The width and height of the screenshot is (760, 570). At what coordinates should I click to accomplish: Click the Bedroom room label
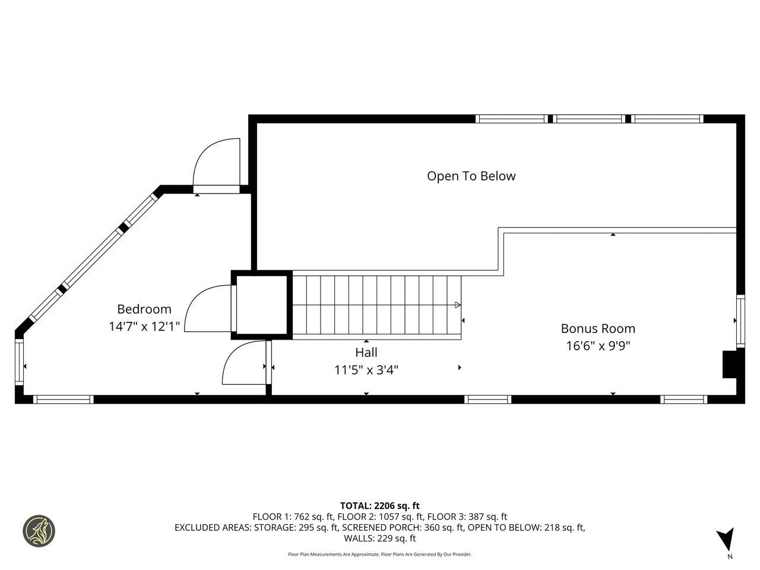tap(144, 309)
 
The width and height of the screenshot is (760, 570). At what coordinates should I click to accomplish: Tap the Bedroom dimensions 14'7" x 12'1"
tap(144, 327)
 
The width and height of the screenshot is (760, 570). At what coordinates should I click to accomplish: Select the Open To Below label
tap(471, 176)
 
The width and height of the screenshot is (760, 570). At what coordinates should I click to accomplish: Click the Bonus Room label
tap(598, 329)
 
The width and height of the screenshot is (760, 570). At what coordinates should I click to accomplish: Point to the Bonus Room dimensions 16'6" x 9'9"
tap(598, 346)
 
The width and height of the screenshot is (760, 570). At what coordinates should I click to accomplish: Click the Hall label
tap(366, 353)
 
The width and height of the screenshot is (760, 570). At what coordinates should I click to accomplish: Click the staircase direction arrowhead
tap(457, 305)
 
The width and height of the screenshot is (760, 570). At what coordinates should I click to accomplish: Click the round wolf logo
tap(39, 531)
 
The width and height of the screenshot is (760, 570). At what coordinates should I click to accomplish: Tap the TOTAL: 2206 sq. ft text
tap(380, 506)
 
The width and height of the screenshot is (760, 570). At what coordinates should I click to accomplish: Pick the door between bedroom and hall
tap(245, 363)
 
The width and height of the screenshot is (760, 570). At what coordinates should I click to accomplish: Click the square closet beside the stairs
tap(262, 305)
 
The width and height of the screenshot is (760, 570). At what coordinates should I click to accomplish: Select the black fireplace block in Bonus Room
tap(729, 364)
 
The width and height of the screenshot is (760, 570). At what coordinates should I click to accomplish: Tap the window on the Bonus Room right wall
tap(740, 321)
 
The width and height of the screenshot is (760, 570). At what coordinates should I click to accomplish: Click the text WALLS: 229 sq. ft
tap(380, 539)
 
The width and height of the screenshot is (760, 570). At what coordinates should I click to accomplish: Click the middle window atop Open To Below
tap(589, 119)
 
